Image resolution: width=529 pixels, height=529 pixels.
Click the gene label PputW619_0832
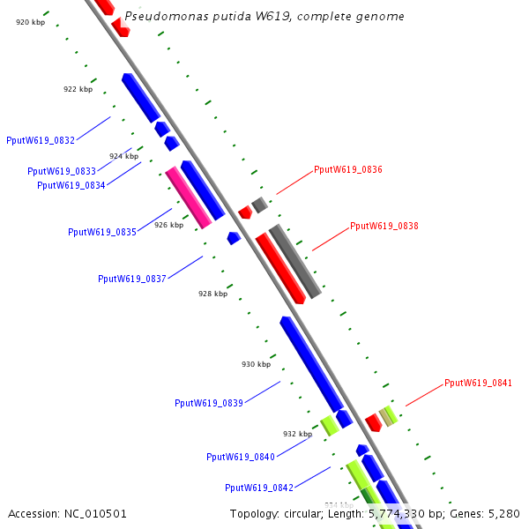41,140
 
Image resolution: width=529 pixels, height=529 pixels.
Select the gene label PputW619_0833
62,171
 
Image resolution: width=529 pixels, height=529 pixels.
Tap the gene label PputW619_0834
71,185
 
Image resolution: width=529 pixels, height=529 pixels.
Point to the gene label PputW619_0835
102,232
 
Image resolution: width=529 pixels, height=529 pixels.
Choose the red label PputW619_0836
348,169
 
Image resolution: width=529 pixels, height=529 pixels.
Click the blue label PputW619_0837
132,279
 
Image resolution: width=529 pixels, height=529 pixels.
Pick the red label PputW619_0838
384,226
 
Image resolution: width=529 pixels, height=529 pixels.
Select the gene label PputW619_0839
209,403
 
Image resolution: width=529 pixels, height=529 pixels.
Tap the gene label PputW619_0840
241,457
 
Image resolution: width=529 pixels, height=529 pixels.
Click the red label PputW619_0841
478,383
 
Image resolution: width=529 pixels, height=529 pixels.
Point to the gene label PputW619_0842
259,488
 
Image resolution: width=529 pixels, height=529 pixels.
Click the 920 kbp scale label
30,22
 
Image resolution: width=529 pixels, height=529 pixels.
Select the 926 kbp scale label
168,225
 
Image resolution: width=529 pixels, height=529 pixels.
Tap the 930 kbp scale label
256,364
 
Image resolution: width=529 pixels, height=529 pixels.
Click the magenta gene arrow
189,197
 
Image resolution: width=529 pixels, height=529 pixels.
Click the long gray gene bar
294,261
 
